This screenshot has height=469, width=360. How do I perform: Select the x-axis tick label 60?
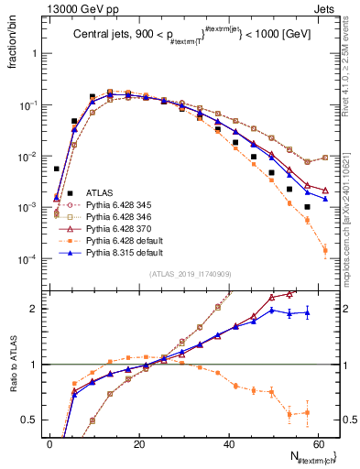coord(318,443)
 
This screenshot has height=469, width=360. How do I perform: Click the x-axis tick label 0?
coord(49,443)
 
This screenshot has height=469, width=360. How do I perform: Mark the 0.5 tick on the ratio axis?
coord(29,420)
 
